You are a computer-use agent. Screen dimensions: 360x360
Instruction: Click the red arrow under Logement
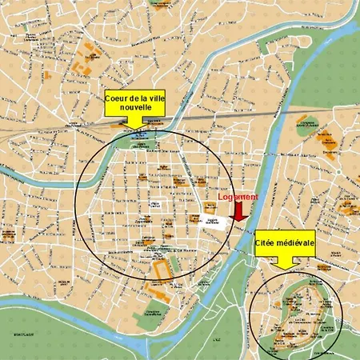[x=238, y=210]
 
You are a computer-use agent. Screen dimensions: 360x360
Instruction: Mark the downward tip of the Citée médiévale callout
[x=284, y=265]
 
